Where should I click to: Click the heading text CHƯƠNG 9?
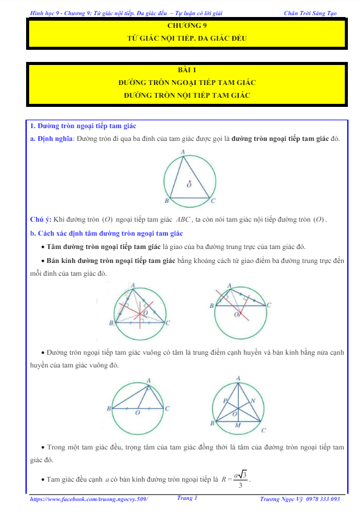[x=187, y=26]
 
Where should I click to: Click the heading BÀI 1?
[x=187, y=70]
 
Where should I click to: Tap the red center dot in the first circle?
[x=189, y=181]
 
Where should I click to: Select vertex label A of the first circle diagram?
[x=183, y=152]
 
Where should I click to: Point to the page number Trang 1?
[x=187, y=498]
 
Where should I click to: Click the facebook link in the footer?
[x=89, y=499]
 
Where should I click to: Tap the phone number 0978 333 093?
[x=323, y=499]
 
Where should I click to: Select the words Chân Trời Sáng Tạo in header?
[x=310, y=13]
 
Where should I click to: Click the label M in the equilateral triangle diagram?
[x=237, y=425]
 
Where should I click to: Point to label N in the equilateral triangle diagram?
[x=253, y=400]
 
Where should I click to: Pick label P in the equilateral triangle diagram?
[x=225, y=401]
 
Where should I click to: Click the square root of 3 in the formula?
[x=242, y=474]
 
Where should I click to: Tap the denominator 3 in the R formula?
[x=240, y=485]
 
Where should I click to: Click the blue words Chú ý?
[x=41, y=219]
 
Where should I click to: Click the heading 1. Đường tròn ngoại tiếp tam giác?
[x=83, y=126]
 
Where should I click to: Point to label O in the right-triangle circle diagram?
[x=137, y=413]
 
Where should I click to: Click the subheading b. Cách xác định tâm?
[x=106, y=233]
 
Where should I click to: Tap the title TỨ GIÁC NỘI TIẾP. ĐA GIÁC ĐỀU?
[x=187, y=38]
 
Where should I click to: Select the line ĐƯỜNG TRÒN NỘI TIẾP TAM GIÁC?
[x=187, y=95]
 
